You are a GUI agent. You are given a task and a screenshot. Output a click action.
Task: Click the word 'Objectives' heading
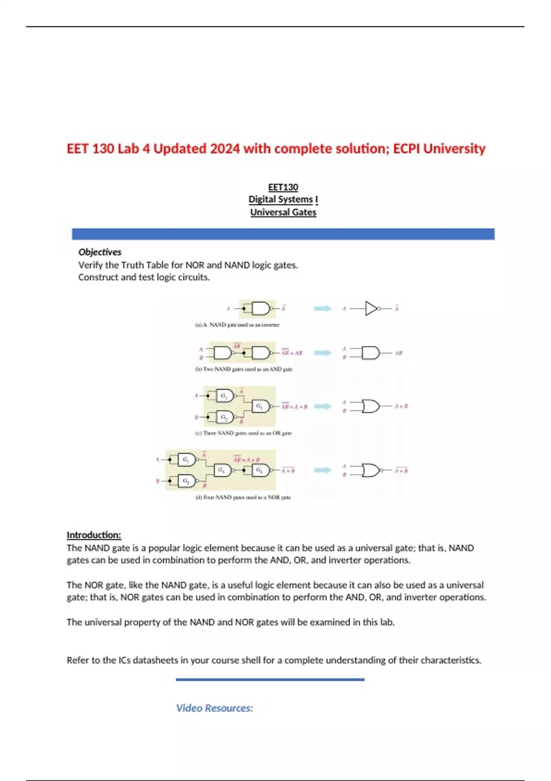pyautogui.click(x=100, y=252)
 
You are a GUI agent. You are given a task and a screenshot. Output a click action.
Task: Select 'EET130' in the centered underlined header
pyautogui.click(x=283, y=187)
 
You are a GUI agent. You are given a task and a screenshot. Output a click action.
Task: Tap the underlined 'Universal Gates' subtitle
pyautogui.click(x=283, y=212)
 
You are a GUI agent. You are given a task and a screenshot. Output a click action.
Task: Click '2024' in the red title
pyautogui.click(x=225, y=149)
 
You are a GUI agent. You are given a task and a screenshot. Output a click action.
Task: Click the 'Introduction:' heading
pyautogui.click(x=94, y=535)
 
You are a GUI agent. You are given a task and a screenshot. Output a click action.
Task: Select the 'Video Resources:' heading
pyautogui.click(x=214, y=708)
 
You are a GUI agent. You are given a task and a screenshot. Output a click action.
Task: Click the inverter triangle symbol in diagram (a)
pyautogui.click(x=371, y=308)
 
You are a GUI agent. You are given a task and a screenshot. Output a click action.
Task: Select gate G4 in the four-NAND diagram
pyautogui.click(x=260, y=470)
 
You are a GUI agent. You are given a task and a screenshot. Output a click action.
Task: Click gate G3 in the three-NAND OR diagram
pyautogui.click(x=260, y=406)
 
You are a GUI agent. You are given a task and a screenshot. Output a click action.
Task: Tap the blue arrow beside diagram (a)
pyautogui.click(x=322, y=308)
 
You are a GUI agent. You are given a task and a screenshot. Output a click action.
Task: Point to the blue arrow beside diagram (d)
pyautogui.click(x=322, y=470)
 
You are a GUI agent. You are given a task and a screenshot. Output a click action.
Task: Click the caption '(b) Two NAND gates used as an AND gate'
pyautogui.click(x=244, y=369)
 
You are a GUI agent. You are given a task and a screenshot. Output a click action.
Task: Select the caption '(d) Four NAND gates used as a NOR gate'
pyautogui.click(x=243, y=497)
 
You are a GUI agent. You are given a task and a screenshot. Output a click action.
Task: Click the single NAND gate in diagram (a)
pyautogui.click(x=260, y=308)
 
